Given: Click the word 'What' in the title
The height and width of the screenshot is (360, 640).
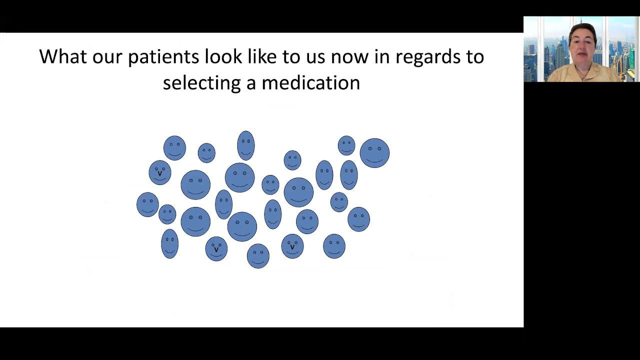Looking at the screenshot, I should pyautogui.click(x=62, y=56).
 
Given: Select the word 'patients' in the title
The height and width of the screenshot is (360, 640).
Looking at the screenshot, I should pyautogui.click(x=163, y=56).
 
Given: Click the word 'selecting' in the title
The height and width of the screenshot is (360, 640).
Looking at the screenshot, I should pyautogui.click(x=201, y=83).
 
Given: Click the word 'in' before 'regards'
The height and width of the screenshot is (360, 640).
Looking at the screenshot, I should pyautogui.click(x=382, y=56).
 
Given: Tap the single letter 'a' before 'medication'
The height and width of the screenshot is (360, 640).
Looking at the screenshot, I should pyautogui.click(x=251, y=83).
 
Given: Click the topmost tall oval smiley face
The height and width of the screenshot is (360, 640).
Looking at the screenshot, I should pyautogui.click(x=246, y=145).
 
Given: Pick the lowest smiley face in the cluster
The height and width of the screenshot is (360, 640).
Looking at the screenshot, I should pyautogui.click(x=258, y=255).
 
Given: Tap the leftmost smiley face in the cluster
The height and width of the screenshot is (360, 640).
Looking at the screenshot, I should pyautogui.click(x=147, y=204).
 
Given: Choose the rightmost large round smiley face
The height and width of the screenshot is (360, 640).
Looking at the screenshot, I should pyautogui.click(x=374, y=153).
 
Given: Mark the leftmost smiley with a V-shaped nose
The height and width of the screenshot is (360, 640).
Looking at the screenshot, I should pyautogui.click(x=160, y=172).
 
